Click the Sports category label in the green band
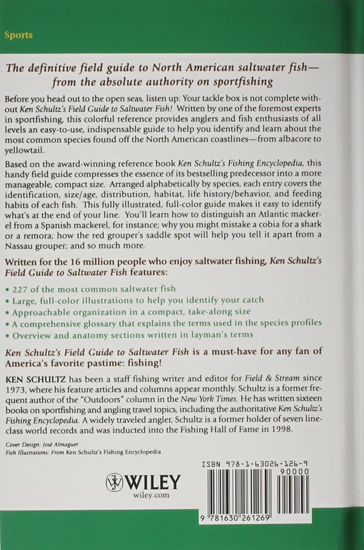(x=18, y=35)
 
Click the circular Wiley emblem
(x=114, y=482)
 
